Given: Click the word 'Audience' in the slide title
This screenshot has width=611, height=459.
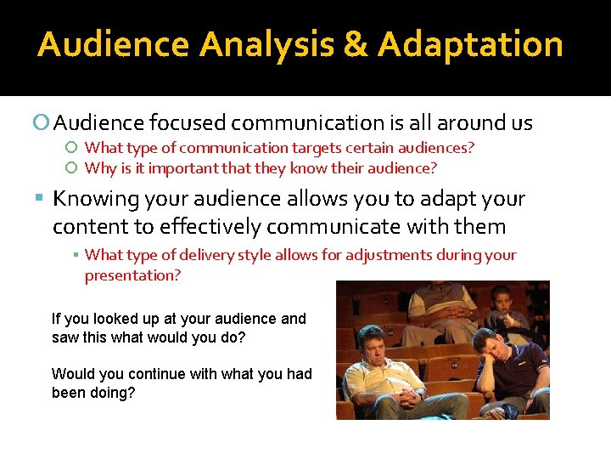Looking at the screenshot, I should tap(115, 44).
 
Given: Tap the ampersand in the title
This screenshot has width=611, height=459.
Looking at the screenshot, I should tap(356, 44).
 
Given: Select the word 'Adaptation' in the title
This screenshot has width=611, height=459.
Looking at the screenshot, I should tap(470, 44).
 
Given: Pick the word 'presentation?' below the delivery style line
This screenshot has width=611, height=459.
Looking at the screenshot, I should tap(132, 275).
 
